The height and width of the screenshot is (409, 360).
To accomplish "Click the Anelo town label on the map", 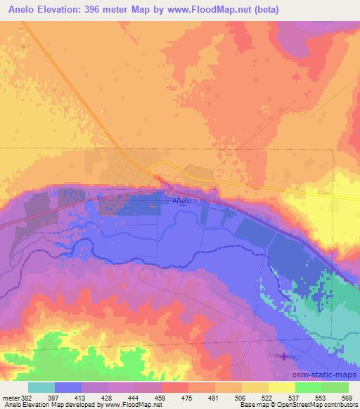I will pos(181,201).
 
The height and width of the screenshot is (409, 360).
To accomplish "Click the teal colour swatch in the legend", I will pos(41,387).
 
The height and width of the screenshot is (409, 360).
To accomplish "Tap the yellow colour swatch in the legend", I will pos(282,387).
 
